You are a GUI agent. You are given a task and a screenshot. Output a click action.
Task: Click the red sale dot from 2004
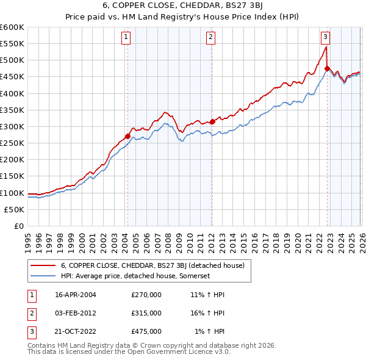pyautogui.click(x=127, y=136)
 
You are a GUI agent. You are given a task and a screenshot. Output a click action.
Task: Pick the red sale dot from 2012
pyautogui.click(x=212, y=121)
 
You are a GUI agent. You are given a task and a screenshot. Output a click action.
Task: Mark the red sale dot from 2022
pyautogui.click(x=327, y=68)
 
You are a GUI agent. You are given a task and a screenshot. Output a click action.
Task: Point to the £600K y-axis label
pyautogui.click(x=12, y=27)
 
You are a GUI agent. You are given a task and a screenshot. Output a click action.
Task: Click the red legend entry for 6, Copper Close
pyautogui.click(x=152, y=265)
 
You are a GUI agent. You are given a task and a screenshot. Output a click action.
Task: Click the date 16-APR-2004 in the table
pyautogui.click(x=76, y=295)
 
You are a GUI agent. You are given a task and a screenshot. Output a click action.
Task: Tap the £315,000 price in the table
pyautogui.click(x=146, y=313)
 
